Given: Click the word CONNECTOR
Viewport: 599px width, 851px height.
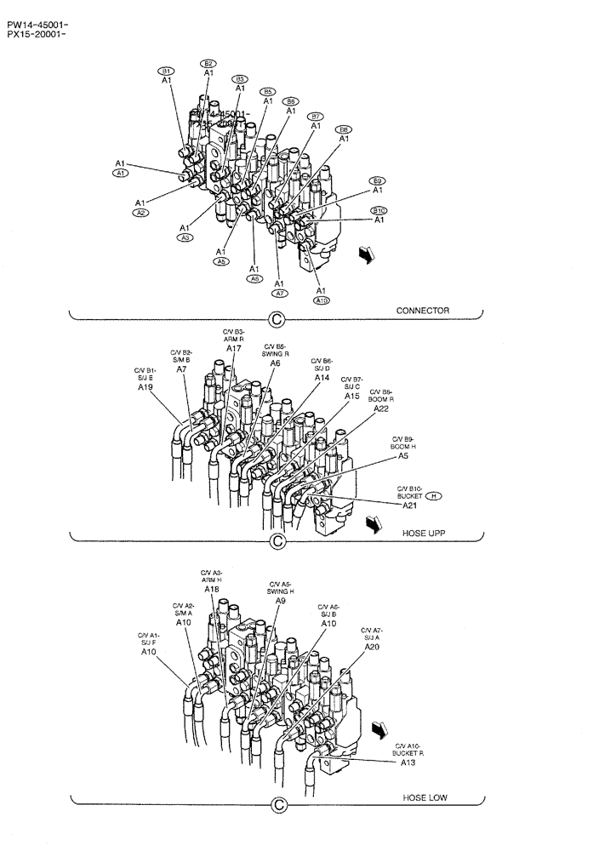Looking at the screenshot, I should [x=422, y=311].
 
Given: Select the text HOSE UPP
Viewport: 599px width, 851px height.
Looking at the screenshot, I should [x=425, y=533].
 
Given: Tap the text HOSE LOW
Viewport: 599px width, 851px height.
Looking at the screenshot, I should [x=425, y=798].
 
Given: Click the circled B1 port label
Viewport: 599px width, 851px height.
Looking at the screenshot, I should [x=168, y=71].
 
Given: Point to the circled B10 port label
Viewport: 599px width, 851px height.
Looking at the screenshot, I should [x=378, y=210].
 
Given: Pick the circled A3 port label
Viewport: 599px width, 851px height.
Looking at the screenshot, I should [x=185, y=237].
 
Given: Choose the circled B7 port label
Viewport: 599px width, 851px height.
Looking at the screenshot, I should [x=316, y=116].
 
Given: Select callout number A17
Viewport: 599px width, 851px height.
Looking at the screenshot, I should [x=234, y=348].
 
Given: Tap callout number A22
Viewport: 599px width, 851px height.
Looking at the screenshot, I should [x=381, y=408].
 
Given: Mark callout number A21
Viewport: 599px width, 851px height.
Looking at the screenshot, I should [x=409, y=505].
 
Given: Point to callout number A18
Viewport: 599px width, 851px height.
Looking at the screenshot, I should [x=212, y=589].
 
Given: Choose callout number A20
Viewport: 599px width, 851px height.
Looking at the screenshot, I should [x=372, y=647].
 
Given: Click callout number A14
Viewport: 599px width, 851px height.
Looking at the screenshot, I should [x=322, y=377].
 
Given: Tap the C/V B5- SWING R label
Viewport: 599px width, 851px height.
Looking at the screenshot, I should [x=276, y=349].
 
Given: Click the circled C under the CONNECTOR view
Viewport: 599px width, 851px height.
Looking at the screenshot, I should [x=276, y=320].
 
